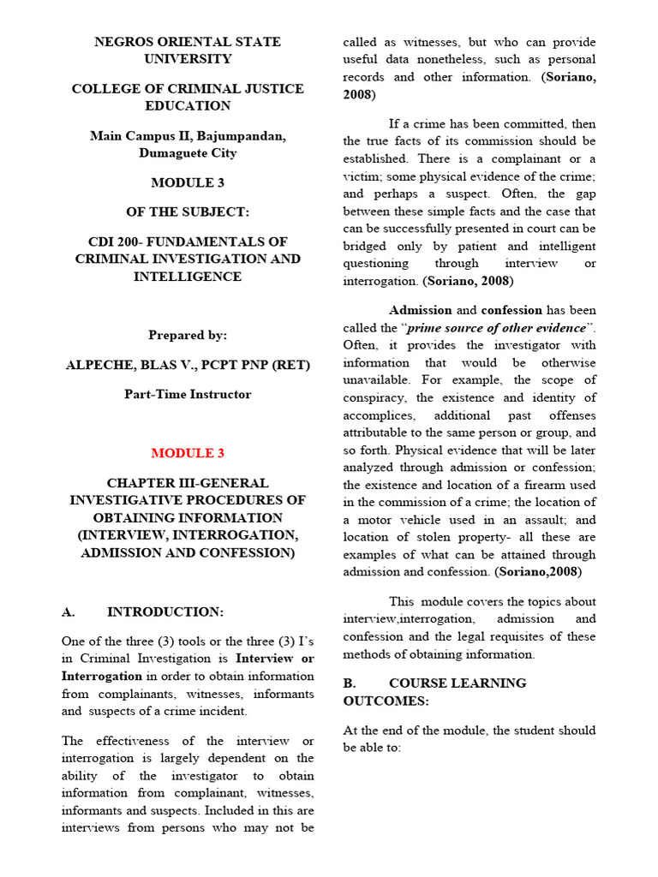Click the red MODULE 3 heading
187,453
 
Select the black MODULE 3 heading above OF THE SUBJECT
187,182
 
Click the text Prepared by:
187,335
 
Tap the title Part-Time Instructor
187,394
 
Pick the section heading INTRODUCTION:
165,612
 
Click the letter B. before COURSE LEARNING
349,683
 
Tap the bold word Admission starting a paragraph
421,310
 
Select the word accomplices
381,415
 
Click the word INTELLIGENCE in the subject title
187,277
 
